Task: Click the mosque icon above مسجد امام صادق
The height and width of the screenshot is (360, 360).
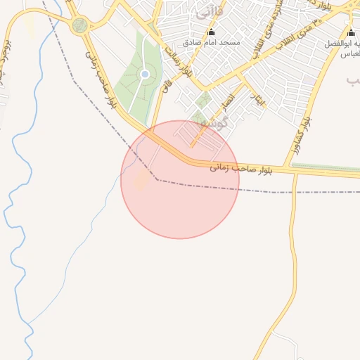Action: (x=212, y=32)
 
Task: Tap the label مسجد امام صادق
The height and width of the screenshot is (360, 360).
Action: (x=212, y=43)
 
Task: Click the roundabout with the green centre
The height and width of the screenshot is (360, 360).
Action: (x=79, y=26)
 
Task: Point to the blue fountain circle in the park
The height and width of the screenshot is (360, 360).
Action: (x=145, y=74)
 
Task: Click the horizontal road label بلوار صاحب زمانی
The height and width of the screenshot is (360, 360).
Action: (x=240, y=167)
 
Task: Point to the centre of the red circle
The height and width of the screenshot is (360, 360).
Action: (x=180, y=180)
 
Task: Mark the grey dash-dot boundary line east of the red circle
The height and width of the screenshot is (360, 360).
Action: (x=281, y=191)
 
